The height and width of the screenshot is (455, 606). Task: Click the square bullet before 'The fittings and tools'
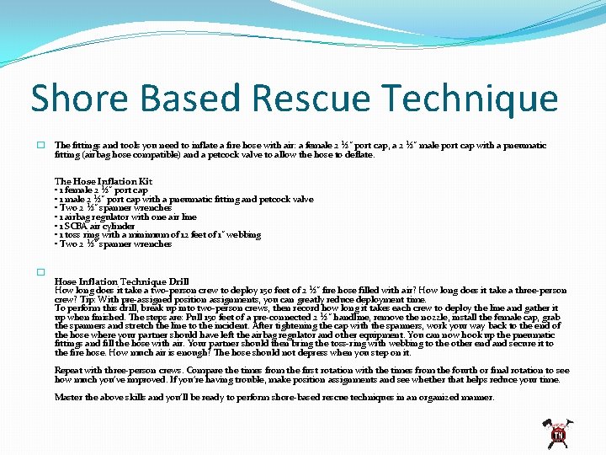pyautogui.click(x=40, y=146)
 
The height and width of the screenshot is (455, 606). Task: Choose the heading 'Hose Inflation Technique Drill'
pyautogui.click(x=121, y=281)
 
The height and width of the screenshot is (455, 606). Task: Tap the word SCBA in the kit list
pyautogui.click(x=73, y=226)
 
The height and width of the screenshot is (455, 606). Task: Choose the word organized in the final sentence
pyautogui.click(x=438, y=397)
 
